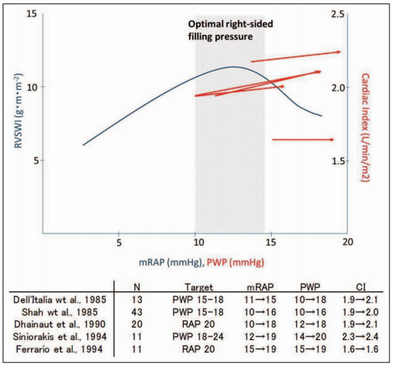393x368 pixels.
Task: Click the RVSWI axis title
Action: (x=19, y=111)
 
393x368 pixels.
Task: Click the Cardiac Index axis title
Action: (x=366, y=128)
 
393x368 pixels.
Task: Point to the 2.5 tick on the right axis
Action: (x=338, y=15)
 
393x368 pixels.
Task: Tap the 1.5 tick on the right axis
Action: (x=338, y=161)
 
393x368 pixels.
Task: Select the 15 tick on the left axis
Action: (x=32, y=13)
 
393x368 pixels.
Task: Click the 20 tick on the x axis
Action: (x=347, y=242)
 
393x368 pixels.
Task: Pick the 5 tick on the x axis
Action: (x=119, y=243)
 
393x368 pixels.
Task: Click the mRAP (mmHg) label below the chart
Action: (x=170, y=262)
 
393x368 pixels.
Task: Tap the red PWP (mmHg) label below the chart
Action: (x=235, y=262)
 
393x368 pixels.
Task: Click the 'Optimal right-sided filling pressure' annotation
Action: (x=230, y=30)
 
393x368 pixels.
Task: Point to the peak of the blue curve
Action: (x=233, y=67)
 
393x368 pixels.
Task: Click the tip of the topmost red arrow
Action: (x=340, y=52)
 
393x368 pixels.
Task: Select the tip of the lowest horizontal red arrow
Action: (x=334, y=139)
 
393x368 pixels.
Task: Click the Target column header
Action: (x=199, y=287)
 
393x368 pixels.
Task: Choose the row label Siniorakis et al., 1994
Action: (x=60, y=336)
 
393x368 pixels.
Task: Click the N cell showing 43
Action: (x=137, y=312)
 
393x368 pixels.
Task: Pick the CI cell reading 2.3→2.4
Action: (x=360, y=336)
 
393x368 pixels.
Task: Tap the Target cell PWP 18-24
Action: (x=198, y=336)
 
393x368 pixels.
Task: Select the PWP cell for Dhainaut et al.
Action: (x=310, y=325)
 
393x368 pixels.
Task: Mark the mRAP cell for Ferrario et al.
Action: (x=260, y=349)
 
